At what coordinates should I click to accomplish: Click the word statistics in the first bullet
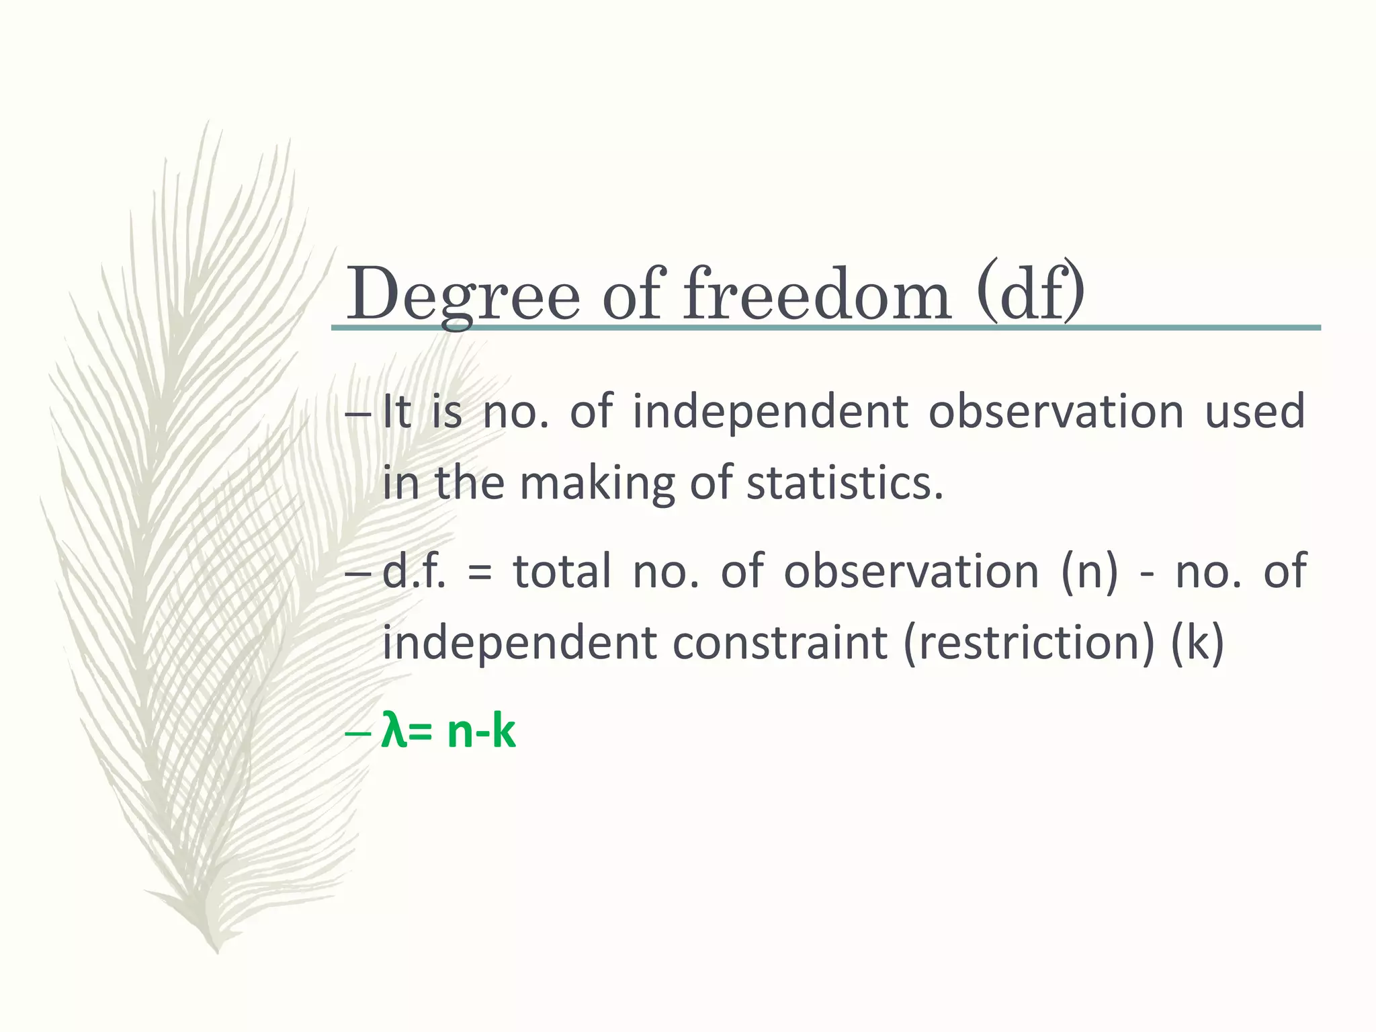click(845, 482)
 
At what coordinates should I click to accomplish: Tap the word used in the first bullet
click(1254, 411)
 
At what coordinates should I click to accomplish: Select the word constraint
click(779, 643)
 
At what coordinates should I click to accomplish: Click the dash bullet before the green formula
click(357, 734)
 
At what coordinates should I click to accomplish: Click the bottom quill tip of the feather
click(216, 950)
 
